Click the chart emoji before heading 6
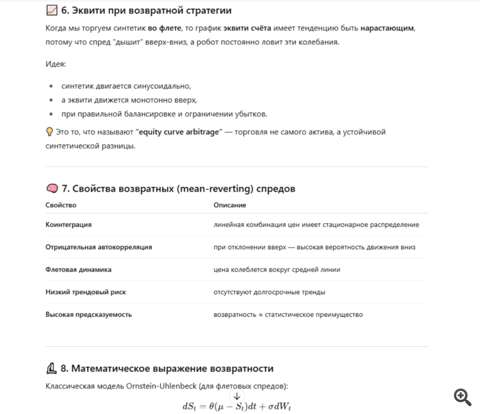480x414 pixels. [52, 11]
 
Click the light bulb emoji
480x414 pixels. [50, 132]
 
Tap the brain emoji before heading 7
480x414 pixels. [52, 188]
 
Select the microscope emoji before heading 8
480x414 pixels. [52, 368]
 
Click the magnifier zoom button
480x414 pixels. [462, 397]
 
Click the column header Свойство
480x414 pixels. [61, 205]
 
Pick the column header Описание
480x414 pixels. [230, 205]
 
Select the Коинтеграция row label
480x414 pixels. [68, 225]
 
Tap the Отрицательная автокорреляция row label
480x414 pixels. [99, 247]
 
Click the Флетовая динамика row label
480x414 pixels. [78, 270]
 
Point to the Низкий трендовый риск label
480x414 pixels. [86, 292]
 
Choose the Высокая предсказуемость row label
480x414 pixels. [88, 315]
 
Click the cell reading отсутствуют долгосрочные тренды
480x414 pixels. [269, 292]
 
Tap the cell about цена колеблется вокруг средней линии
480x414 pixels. [276, 270]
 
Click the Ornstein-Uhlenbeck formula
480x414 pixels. [237, 406]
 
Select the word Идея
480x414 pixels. [56, 64]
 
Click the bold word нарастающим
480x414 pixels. [387, 29]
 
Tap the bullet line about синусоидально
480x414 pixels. [126, 86]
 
